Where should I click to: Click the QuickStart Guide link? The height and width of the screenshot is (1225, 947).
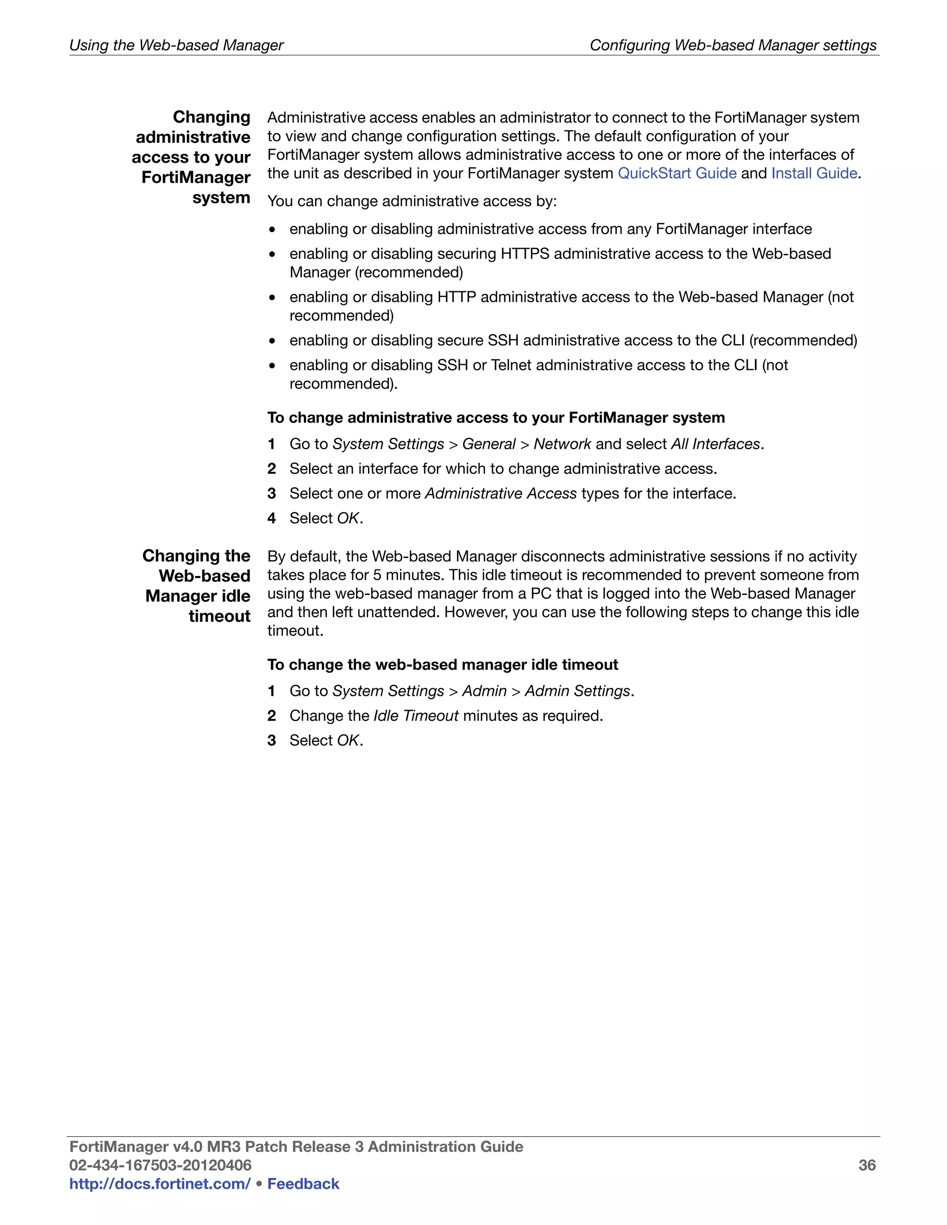coord(676,173)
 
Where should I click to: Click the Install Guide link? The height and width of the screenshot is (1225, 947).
coord(813,173)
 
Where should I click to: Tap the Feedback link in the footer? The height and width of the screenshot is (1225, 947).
coord(303,1183)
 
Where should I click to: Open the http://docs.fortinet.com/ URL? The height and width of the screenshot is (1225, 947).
coord(160,1183)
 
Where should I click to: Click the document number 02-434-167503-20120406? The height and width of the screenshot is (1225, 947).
coord(160,1165)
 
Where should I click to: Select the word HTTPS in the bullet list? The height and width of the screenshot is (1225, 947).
coord(524,254)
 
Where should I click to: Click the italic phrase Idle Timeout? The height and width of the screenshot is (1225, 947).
coord(416,716)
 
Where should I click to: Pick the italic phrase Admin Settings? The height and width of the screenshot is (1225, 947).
coord(577,691)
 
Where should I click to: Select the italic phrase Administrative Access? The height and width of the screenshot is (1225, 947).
coord(500,494)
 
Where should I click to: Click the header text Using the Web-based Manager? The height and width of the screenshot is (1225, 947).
coord(176,45)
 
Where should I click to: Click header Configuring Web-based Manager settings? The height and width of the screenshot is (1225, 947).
coord(733,45)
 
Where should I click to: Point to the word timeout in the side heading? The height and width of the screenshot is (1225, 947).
coord(219,616)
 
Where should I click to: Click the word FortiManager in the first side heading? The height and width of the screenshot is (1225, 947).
coord(195,178)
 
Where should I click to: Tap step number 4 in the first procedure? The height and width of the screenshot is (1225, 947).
coord(271,518)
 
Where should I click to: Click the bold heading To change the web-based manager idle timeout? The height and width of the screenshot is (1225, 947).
coord(442,665)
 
